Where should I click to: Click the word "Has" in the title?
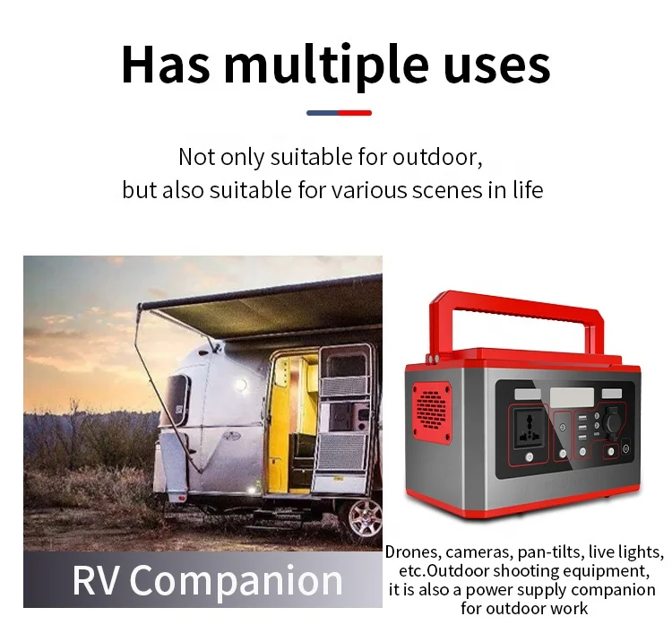[x=164, y=65]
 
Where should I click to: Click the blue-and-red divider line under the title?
[x=339, y=113]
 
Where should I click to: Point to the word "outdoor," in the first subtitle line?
[x=437, y=158]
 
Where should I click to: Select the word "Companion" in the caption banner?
[x=237, y=581]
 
